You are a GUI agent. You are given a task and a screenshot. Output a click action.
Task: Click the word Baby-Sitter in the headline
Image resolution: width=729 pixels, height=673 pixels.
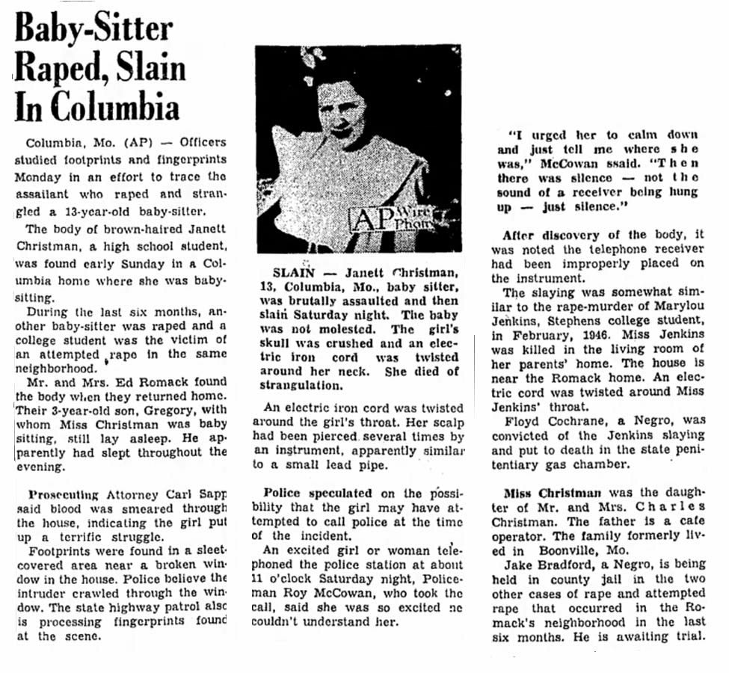(x=94, y=30)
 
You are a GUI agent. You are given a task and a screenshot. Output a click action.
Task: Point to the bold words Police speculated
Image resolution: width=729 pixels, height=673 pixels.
(x=317, y=494)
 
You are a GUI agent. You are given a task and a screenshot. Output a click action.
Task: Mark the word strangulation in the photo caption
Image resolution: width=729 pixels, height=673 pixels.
(x=301, y=385)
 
